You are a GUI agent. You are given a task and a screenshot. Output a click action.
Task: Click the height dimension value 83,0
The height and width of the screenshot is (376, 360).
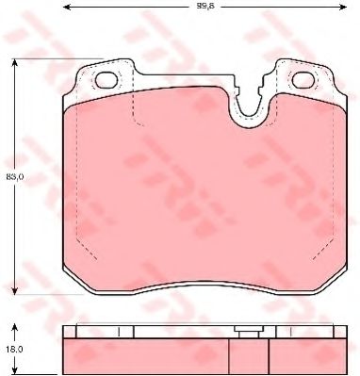tap(10, 175)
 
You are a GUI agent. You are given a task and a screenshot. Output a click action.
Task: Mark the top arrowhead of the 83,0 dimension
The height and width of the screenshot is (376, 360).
tap(15, 61)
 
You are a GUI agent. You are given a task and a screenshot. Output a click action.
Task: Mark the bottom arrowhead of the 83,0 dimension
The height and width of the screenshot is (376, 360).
tap(15, 291)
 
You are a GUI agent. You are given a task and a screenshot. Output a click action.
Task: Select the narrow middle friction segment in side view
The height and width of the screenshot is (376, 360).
tap(251, 352)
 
